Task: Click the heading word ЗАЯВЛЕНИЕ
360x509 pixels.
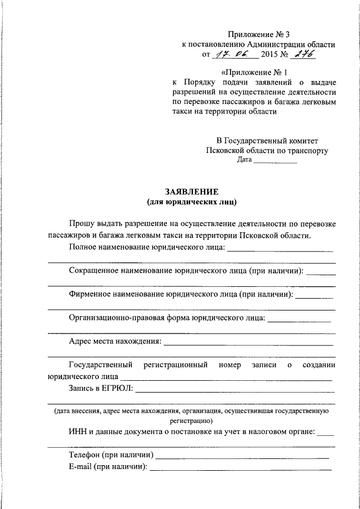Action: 191,191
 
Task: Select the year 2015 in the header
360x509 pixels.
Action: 271,56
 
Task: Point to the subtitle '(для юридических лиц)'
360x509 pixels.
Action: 191,201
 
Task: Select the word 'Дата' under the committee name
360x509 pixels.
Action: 244,160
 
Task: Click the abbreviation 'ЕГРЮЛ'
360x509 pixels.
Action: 119,388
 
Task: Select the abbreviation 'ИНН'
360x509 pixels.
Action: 77,432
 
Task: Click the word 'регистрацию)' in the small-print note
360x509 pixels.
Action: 191,420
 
